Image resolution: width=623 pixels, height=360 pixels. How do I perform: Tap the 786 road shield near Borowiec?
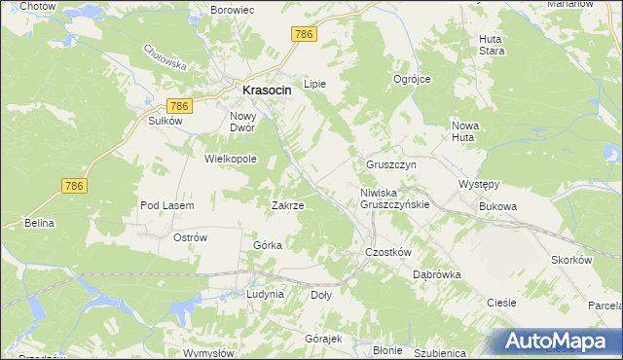pyautogui.click(x=304, y=34)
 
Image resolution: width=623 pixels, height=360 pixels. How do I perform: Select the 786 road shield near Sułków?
pyautogui.click(x=177, y=105)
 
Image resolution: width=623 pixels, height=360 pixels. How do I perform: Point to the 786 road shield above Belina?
pyautogui.click(x=74, y=185)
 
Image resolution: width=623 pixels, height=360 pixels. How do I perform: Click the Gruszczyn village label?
pyautogui.click(x=391, y=165)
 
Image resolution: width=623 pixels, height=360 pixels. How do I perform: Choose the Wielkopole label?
pyautogui.click(x=229, y=158)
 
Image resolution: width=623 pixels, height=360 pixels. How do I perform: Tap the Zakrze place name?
pyautogui.click(x=287, y=205)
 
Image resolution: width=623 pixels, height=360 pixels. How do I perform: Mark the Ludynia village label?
pyautogui.click(x=265, y=293)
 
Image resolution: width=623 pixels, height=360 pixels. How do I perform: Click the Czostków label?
pyautogui.click(x=389, y=251)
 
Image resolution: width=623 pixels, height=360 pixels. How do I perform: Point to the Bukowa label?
pyautogui.click(x=496, y=206)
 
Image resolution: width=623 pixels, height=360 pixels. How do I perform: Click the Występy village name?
pyautogui.click(x=479, y=184)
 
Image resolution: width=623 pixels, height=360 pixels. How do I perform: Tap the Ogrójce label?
pyautogui.click(x=411, y=79)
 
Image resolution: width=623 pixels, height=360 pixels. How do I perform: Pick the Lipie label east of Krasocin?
pyautogui.click(x=314, y=84)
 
